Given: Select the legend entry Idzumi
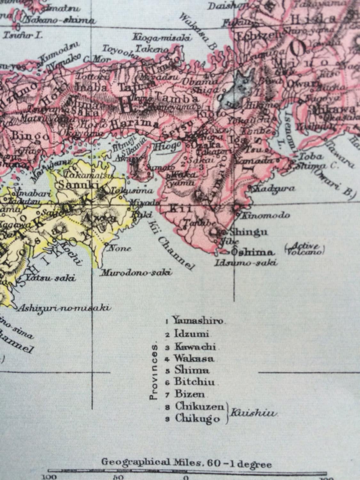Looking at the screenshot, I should [x=191, y=334].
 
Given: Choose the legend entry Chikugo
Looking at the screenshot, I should [x=197, y=419].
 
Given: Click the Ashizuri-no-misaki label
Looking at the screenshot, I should [x=64, y=308].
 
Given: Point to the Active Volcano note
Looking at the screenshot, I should [x=304, y=249].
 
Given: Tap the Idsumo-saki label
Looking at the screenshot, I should [x=245, y=263].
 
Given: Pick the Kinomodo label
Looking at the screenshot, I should [x=265, y=215].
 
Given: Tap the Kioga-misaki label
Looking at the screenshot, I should [x=162, y=38].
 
